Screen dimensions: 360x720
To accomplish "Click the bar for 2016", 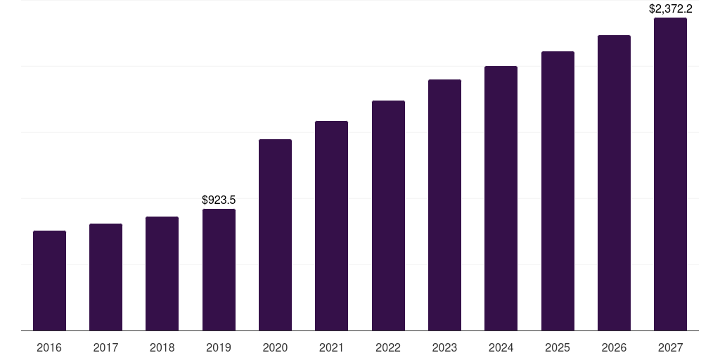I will pyautogui.click(x=49, y=281).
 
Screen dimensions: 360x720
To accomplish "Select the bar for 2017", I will pyautogui.click(x=105, y=277).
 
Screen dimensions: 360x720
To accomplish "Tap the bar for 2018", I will pyautogui.click(x=162, y=274).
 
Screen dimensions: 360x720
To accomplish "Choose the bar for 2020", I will pyautogui.click(x=275, y=235).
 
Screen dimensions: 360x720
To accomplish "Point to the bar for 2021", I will pyautogui.click(x=331, y=226).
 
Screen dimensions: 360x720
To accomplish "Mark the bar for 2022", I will pyautogui.click(x=388, y=215).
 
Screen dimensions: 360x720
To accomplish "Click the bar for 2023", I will pyautogui.click(x=444, y=205).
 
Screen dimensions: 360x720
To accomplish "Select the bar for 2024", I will pyautogui.click(x=501, y=198).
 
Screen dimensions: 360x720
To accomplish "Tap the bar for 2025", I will pyautogui.click(x=558, y=191).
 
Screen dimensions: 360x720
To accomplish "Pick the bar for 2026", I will pyautogui.click(x=614, y=183).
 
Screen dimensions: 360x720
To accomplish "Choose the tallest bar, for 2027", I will pyautogui.click(x=670, y=174).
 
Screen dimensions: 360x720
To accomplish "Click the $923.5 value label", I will pyautogui.click(x=219, y=200).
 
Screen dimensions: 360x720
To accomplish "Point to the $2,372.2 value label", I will pyautogui.click(x=670, y=9).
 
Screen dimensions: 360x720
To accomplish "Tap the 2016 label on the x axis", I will pyautogui.click(x=49, y=348).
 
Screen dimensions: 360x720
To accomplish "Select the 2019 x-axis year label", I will pyautogui.click(x=219, y=348).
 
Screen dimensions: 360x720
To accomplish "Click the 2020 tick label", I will pyautogui.click(x=275, y=348).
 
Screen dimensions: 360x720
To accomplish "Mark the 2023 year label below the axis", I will pyautogui.click(x=444, y=348).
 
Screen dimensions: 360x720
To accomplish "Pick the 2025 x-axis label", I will pyautogui.click(x=558, y=348).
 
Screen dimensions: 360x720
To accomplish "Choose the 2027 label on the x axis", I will pyautogui.click(x=670, y=348).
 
